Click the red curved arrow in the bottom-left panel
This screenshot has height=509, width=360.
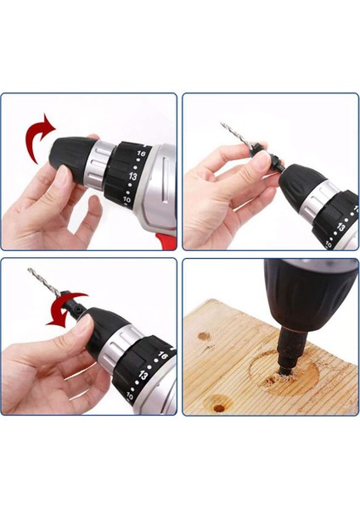click(60, 316)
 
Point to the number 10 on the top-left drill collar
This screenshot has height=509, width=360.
click(127, 199)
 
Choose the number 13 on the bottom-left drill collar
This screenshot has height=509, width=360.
click(144, 375)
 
